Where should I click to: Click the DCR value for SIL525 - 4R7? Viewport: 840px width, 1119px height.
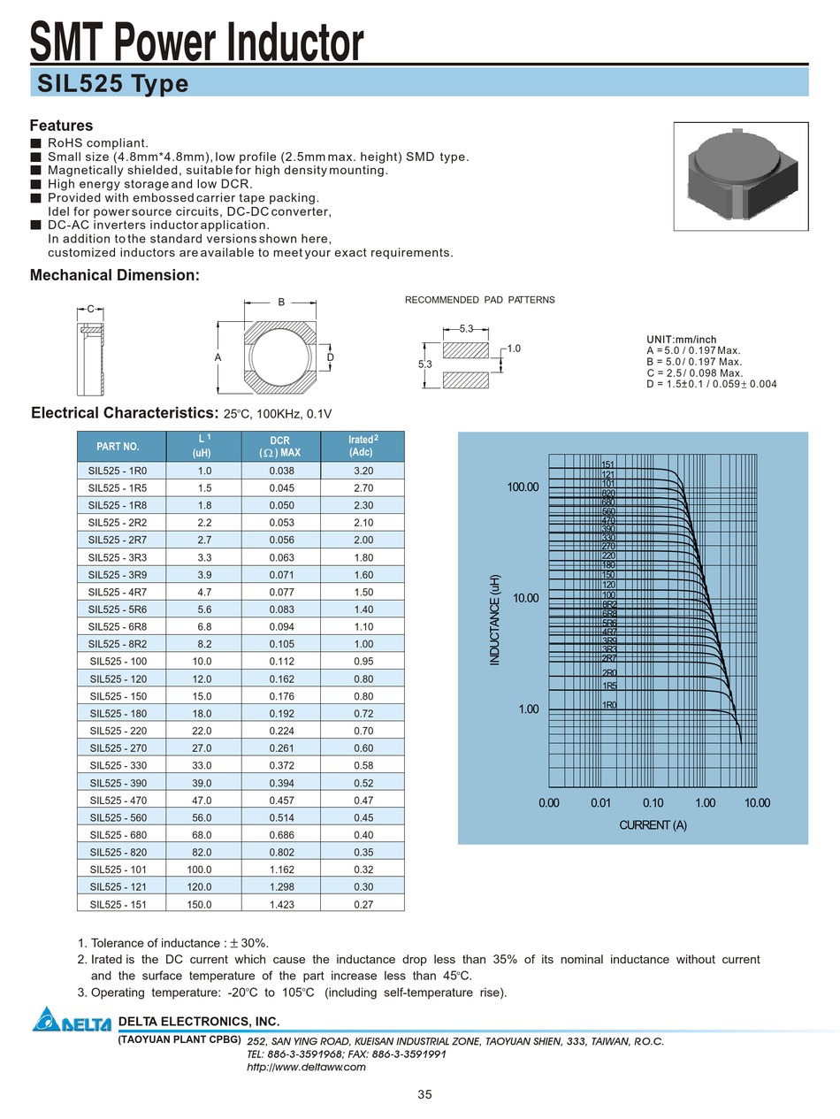pyautogui.click(x=281, y=592)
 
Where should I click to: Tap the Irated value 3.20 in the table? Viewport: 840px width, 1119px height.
pyautogui.click(x=363, y=471)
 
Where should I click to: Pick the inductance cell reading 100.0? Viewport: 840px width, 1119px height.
pyautogui.click(x=199, y=870)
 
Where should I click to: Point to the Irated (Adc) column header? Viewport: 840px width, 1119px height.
pyautogui.click(x=363, y=446)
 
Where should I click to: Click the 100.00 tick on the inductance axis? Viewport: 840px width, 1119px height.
pyautogui.click(x=522, y=487)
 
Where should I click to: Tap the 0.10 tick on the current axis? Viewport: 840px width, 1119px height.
pyautogui.click(x=653, y=803)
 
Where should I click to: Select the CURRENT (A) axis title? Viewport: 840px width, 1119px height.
pyautogui.click(x=653, y=825)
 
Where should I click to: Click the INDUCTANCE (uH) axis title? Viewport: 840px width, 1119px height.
pyautogui.click(x=495, y=619)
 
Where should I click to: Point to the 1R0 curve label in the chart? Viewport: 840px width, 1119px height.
pyautogui.click(x=609, y=705)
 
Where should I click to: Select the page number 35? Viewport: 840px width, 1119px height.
pyautogui.click(x=424, y=1094)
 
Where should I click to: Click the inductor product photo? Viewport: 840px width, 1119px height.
pyautogui.click(x=740, y=175)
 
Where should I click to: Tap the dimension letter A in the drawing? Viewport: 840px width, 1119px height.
pyautogui.click(x=217, y=356)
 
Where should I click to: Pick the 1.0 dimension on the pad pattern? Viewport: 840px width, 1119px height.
pyautogui.click(x=514, y=349)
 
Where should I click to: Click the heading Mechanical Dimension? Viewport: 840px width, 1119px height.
pyautogui.click(x=115, y=275)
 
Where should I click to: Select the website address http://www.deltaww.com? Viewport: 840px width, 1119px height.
pyautogui.click(x=306, y=1067)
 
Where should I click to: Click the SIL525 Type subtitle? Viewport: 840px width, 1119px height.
pyautogui.click(x=113, y=83)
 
